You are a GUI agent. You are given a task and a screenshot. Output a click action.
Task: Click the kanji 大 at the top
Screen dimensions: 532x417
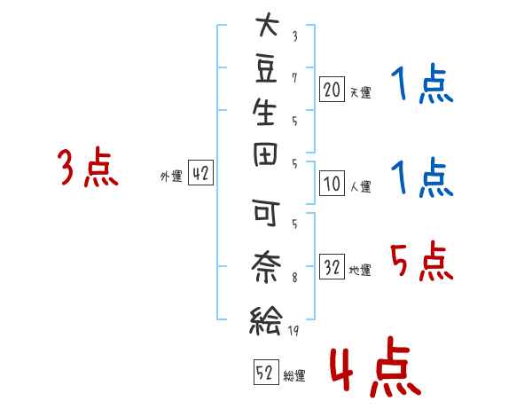[267, 25]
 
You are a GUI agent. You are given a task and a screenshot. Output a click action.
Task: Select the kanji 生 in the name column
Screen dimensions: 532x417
[264, 112]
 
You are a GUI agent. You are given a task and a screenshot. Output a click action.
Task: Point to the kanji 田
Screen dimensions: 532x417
[265, 154]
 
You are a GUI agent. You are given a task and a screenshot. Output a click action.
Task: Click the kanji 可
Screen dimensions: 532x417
[266, 213]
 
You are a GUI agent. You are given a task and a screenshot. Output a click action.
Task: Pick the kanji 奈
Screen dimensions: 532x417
[266, 267]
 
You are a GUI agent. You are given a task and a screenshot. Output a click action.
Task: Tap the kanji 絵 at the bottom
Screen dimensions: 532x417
[265, 320]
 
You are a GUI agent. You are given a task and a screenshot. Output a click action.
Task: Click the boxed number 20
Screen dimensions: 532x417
[332, 90]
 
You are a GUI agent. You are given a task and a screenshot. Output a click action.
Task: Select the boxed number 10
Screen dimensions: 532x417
[332, 184]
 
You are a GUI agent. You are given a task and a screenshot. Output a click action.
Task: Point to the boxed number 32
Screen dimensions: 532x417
[332, 267]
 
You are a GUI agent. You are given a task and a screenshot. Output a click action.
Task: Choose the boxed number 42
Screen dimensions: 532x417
[200, 173]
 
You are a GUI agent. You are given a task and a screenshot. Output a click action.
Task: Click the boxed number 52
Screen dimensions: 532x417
[266, 373]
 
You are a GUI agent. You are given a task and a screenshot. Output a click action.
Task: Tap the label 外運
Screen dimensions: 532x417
[171, 176]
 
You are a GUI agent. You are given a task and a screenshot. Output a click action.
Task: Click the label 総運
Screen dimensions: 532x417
[294, 375]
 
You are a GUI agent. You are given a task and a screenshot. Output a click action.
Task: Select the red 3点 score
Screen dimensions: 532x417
[88, 167]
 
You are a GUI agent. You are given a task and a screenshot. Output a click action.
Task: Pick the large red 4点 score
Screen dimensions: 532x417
[376, 366]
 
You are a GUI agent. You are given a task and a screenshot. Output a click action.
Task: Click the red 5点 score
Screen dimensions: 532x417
[422, 261]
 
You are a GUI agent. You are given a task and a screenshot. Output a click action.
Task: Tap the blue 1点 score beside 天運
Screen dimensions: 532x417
[422, 83]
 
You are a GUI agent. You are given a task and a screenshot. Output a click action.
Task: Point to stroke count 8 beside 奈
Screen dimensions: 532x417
[294, 278]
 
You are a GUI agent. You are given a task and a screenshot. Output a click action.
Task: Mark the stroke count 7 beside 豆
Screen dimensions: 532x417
[294, 78]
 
